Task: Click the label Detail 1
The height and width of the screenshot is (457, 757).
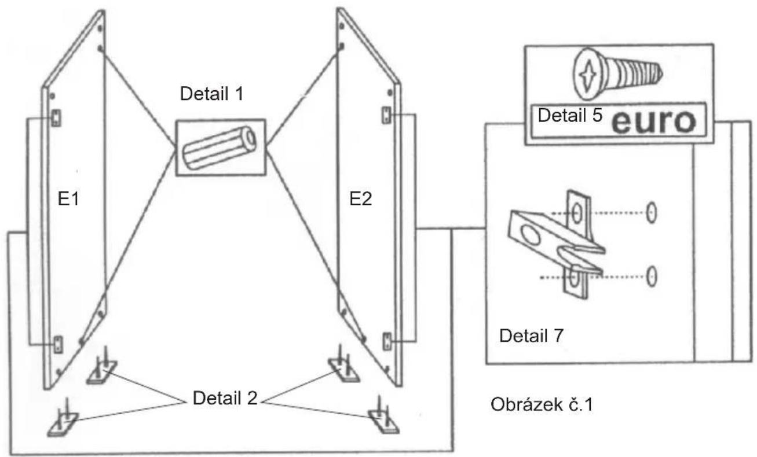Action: [x=211, y=94]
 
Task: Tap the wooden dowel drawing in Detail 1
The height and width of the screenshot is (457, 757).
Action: [x=220, y=148]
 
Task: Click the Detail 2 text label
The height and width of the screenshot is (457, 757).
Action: [x=225, y=398]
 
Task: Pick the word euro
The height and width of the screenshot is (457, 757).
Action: [x=654, y=121]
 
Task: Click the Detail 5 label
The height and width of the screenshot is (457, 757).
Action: [x=570, y=115]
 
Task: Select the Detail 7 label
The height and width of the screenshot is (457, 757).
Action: [x=531, y=336]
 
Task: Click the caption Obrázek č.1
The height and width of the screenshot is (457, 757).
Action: [x=542, y=404]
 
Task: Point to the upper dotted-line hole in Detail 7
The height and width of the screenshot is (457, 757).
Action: [x=651, y=213]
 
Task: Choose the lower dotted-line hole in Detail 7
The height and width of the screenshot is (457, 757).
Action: [x=651, y=276]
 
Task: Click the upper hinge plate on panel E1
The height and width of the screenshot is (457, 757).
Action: [x=56, y=118]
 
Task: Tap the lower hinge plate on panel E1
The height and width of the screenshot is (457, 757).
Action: [x=58, y=345]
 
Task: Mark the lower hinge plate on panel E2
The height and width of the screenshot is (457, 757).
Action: [x=387, y=341]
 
